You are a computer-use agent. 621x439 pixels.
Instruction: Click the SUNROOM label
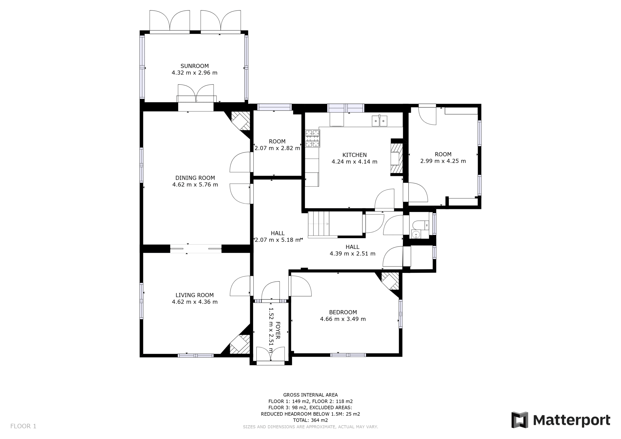(x=195, y=66)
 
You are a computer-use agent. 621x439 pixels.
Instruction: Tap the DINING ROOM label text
(x=195, y=178)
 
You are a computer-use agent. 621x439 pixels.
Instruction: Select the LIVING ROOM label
(x=195, y=295)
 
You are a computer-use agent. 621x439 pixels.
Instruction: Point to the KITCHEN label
(x=354, y=155)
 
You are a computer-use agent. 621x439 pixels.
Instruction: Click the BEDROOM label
(x=343, y=312)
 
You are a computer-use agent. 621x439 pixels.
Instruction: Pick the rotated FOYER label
(x=278, y=330)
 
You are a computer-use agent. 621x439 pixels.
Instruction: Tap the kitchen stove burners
(x=312, y=138)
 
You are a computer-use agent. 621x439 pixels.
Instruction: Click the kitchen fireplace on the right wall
(x=397, y=158)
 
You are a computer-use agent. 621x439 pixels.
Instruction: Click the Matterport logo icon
(x=520, y=420)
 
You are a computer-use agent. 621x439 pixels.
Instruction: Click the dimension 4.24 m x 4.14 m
(x=354, y=162)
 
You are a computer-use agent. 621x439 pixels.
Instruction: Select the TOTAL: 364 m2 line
(x=310, y=420)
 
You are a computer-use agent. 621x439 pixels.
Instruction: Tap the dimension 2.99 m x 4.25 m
(x=443, y=161)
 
